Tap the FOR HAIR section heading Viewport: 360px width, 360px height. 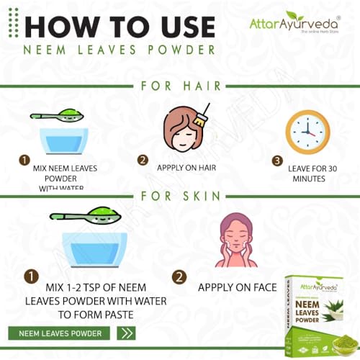(x=181, y=87)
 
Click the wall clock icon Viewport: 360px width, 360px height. (x=307, y=132)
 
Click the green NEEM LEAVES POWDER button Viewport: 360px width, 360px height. (x=59, y=333)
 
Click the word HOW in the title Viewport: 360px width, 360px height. (x=62, y=27)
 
